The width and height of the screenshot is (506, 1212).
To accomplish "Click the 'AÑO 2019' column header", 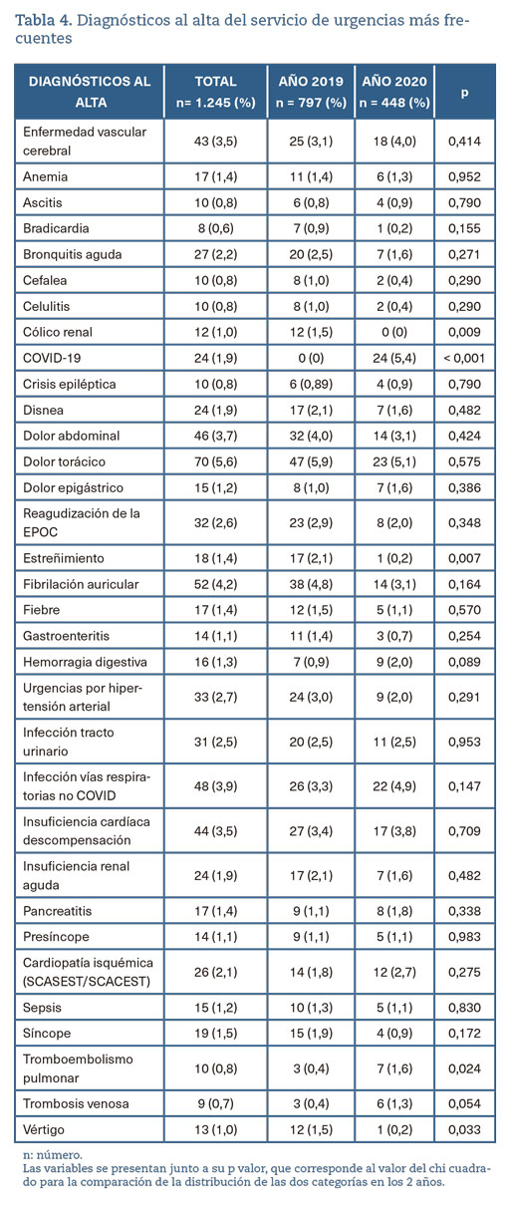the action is pyautogui.click(x=311, y=92).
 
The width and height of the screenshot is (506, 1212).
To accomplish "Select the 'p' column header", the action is pyautogui.click(x=464, y=93).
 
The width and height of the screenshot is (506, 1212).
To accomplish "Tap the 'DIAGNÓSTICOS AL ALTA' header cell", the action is pyautogui.click(x=90, y=92).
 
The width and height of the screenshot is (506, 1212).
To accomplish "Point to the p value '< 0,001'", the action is pyautogui.click(x=464, y=358).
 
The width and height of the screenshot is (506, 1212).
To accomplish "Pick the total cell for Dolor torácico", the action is pyautogui.click(x=216, y=461).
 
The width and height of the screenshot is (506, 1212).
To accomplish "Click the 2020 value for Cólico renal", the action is pyautogui.click(x=394, y=332).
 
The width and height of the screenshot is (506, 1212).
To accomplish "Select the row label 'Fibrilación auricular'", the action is pyautogui.click(x=81, y=584).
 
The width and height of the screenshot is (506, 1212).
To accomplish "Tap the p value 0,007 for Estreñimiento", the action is pyautogui.click(x=464, y=558).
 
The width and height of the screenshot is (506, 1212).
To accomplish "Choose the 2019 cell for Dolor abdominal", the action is pyautogui.click(x=311, y=436).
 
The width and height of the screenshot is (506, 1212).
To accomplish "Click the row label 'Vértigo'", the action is pyautogui.click(x=43, y=1129).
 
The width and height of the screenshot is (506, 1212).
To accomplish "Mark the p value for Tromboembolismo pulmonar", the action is pyautogui.click(x=464, y=1068).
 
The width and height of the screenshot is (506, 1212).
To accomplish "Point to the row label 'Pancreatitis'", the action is pyautogui.click(x=58, y=911).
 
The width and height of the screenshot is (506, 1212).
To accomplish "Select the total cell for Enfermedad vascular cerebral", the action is pyautogui.click(x=216, y=142).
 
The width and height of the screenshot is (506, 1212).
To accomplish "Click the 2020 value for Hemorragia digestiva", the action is pyautogui.click(x=394, y=662).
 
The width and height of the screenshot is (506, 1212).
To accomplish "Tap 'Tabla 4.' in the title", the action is pyautogui.click(x=43, y=21).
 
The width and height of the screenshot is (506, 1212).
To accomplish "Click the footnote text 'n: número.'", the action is pyautogui.click(x=53, y=1155).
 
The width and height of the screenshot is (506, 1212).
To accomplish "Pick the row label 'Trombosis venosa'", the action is pyautogui.click(x=76, y=1103).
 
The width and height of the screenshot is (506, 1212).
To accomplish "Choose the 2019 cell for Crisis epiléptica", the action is pyautogui.click(x=311, y=384).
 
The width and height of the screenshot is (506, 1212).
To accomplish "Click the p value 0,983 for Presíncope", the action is pyautogui.click(x=464, y=937).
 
